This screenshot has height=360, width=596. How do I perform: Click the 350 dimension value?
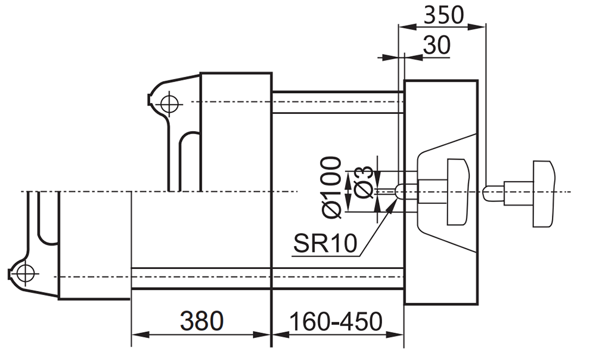click(x=443, y=15)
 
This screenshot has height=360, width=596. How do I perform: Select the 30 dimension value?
click(x=436, y=45)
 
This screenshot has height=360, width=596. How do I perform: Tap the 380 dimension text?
click(x=201, y=321)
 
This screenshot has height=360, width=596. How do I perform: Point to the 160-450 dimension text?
click(x=336, y=322)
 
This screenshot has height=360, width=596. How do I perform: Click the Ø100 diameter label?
click(x=330, y=187)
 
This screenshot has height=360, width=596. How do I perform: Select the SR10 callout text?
click(x=325, y=243)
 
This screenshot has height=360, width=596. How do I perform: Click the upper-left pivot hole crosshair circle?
click(x=169, y=103)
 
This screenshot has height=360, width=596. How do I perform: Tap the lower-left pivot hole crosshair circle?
click(x=26, y=272)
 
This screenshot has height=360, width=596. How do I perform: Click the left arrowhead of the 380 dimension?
click(x=140, y=335)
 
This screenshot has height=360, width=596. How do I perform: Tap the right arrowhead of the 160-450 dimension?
click(x=395, y=335)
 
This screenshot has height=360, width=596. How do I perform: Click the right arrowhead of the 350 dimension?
click(x=477, y=26)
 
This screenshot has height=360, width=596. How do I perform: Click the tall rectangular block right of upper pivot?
click(x=236, y=132)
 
